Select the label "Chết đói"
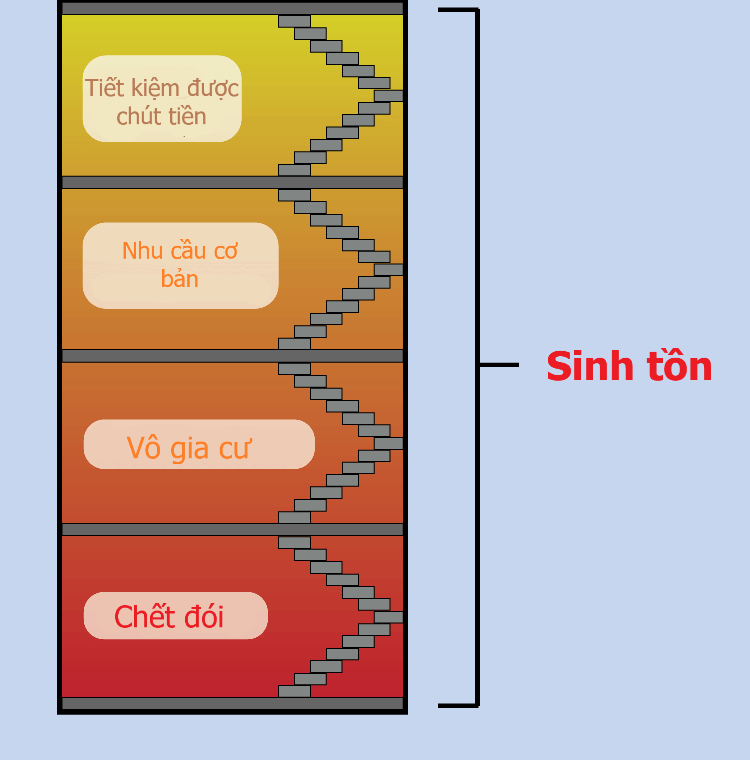[169, 616]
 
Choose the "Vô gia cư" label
[189, 448]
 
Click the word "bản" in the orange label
[180, 279]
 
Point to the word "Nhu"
[143, 251]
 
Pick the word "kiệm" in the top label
[155, 88]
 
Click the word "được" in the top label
[213, 89]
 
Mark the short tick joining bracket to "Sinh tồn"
[499, 365]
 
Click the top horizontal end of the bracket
[458, 10]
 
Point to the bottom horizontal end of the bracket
[458, 706]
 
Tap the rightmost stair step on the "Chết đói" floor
[389, 617]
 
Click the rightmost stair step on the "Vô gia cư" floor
[389, 443]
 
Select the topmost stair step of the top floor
[294, 21]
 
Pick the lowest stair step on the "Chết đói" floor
[294, 691]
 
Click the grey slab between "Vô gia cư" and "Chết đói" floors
[232, 530]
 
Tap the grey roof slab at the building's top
[232, 8]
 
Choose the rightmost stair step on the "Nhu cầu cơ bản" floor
[389, 270]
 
